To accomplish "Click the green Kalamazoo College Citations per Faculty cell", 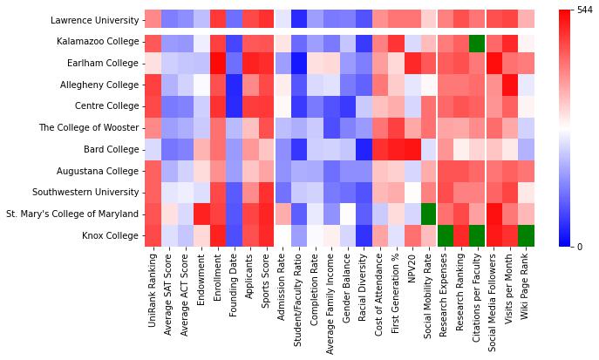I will (x=477, y=42).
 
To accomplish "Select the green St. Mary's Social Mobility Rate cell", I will (x=428, y=214).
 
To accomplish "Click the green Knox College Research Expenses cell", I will (x=445, y=235).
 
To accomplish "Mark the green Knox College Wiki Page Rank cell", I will (x=526, y=235).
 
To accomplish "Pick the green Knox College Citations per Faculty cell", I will (x=477, y=235).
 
